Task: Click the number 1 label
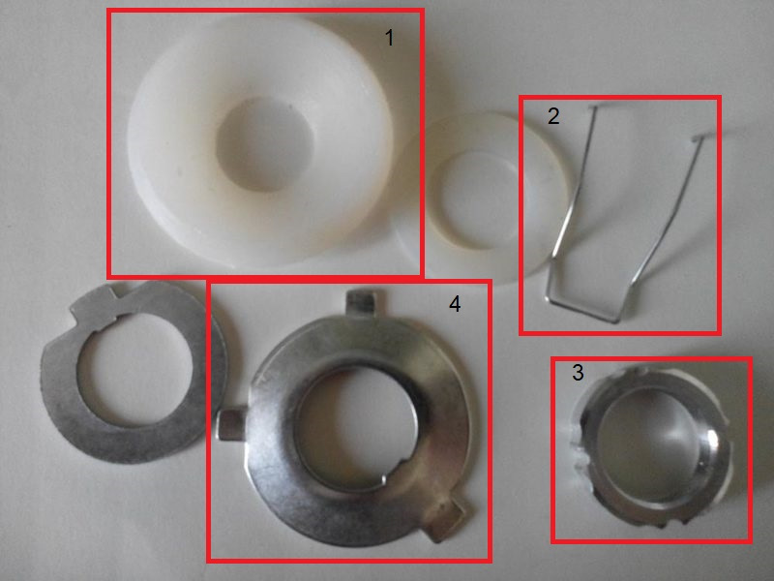(390, 38)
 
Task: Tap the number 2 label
(553, 116)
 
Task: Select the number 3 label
(578, 372)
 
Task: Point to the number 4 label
(455, 304)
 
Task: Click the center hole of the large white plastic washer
(265, 143)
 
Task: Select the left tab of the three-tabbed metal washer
(231, 423)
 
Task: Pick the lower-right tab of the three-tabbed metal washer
(447, 518)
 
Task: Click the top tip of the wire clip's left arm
(593, 107)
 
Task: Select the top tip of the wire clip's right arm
(697, 138)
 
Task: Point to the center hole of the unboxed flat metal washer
(134, 368)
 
